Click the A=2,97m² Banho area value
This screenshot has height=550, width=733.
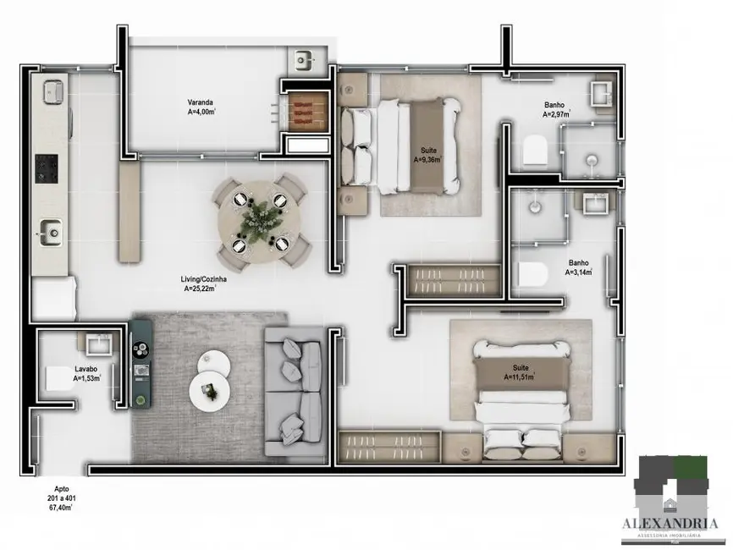pyautogui.click(x=556, y=114)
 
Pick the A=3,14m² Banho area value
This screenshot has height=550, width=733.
pyautogui.click(x=579, y=272)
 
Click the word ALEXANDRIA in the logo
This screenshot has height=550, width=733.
pyautogui.click(x=675, y=512)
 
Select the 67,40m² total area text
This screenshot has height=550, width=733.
pyautogui.click(x=59, y=508)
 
